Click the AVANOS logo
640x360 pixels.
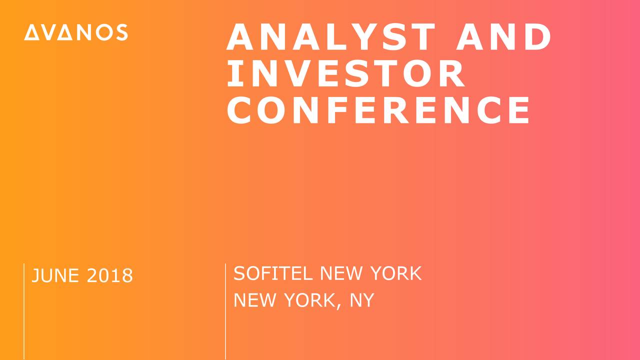tap(76, 32)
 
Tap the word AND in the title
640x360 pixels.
tap(504, 37)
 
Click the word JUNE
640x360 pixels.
tap(55, 275)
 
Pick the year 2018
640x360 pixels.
tap(109, 275)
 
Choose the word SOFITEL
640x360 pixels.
tap(273, 273)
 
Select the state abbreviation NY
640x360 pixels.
tap(362, 300)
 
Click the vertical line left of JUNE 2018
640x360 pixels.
tap(24, 311)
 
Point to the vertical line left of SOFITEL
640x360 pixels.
tap(225, 311)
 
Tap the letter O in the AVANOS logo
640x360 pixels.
tap(104, 32)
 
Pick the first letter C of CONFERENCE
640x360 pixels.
tap(239, 110)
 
